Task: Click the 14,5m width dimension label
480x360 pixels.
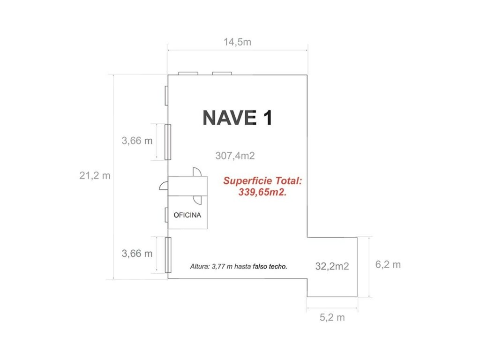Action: click(237, 42)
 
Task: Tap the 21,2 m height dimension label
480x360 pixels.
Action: click(95, 176)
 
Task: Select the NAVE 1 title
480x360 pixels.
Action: click(237, 118)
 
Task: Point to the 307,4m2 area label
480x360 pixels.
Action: click(235, 156)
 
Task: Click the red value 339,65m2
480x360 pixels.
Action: click(262, 192)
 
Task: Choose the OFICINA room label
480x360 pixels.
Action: click(187, 215)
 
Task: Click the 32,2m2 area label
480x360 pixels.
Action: click(332, 266)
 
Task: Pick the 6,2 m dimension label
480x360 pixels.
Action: click(388, 264)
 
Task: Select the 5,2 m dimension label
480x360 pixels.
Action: click(332, 317)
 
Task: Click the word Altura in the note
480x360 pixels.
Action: click(200, 267)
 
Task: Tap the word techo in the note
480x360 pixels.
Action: click(278, 267)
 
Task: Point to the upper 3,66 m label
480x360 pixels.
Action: click(137, 141)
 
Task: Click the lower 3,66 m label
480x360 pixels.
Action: click(137, 254)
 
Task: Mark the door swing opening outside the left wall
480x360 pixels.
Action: click(164, 186)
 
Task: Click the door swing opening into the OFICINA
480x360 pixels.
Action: click(197, 200)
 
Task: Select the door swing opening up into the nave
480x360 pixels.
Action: click(197, 172)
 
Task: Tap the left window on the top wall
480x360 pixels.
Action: click(188, 74)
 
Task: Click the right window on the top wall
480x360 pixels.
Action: click(222, 74)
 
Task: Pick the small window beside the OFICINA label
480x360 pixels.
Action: click(166, 215)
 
